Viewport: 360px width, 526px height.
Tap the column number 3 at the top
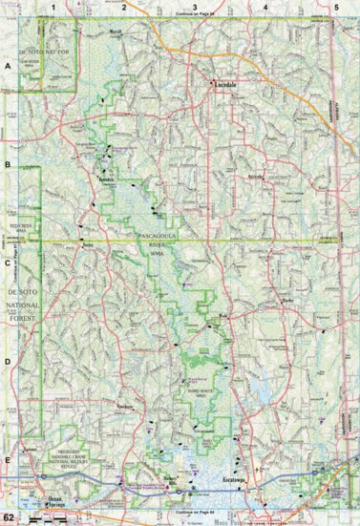(x=195, y=7)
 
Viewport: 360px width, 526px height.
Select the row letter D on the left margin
(x=9, y=361)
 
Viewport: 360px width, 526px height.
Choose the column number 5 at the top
(x=335, y=7)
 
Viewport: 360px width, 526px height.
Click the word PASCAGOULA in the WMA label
(x=164, y=235)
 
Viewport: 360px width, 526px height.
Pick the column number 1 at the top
(x=54, y=7)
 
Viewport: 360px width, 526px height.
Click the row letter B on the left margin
(x=9, y=165)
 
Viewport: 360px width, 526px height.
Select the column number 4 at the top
(x=265, y=7)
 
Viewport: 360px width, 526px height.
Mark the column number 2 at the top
(x=124, y=7)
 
